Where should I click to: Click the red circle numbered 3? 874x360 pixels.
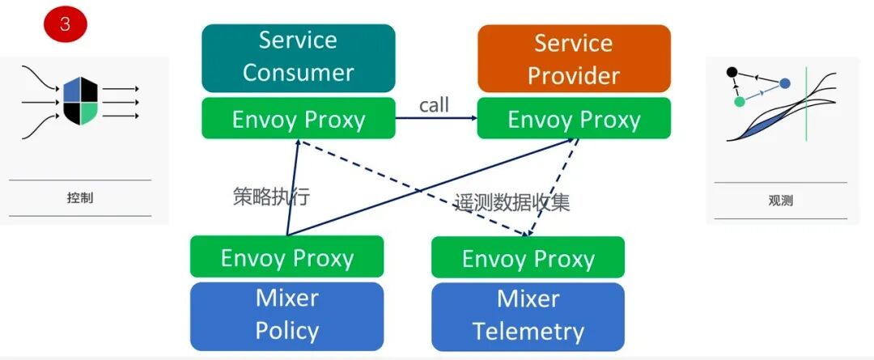coord(65,24)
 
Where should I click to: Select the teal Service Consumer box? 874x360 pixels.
coord(298,57)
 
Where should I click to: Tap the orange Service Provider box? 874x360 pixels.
coord(574,58)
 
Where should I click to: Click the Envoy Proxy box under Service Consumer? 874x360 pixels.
coord(298,119)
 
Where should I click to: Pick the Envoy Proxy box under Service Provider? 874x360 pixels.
coord(574,120)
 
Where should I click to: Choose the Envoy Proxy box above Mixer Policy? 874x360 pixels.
coord(286,257)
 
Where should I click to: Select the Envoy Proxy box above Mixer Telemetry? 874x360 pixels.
coord(528,258)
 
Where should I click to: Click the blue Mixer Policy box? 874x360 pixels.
coord(286,315)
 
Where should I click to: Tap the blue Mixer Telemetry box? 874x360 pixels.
coord(528,315)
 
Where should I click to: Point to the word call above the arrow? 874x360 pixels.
coord(434,104)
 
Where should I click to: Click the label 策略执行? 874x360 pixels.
coord(271,197)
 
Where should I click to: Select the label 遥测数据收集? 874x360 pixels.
coord(511,202)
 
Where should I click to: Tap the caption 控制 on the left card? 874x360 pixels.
coord(80,197)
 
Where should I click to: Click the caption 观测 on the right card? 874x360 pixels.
coord(781,201)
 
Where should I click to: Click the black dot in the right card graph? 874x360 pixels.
coord(732,72)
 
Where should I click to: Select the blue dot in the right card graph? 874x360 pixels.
coord(784,83)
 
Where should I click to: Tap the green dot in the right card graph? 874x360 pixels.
coord(739,102)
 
